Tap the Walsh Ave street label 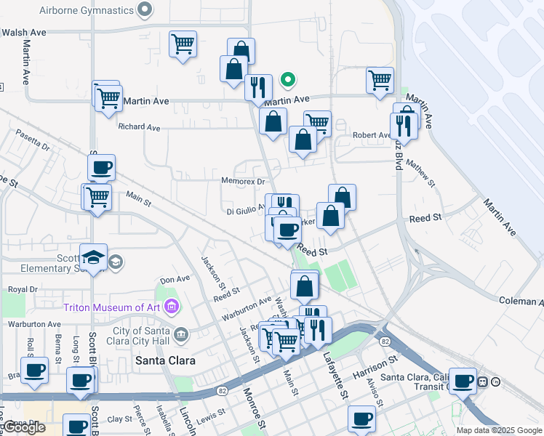coord(23,33)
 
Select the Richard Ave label coord(139,127)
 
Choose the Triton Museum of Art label coord(111,307)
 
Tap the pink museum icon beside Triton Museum coord(172,306)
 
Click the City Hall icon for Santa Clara coord(181,334)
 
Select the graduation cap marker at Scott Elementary coord(94,259)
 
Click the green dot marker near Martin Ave coord(289,80)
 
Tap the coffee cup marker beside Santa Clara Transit coord(463,380)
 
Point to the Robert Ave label coord(372,135)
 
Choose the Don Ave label coord(175,278)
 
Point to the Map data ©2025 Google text coord(498,430)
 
